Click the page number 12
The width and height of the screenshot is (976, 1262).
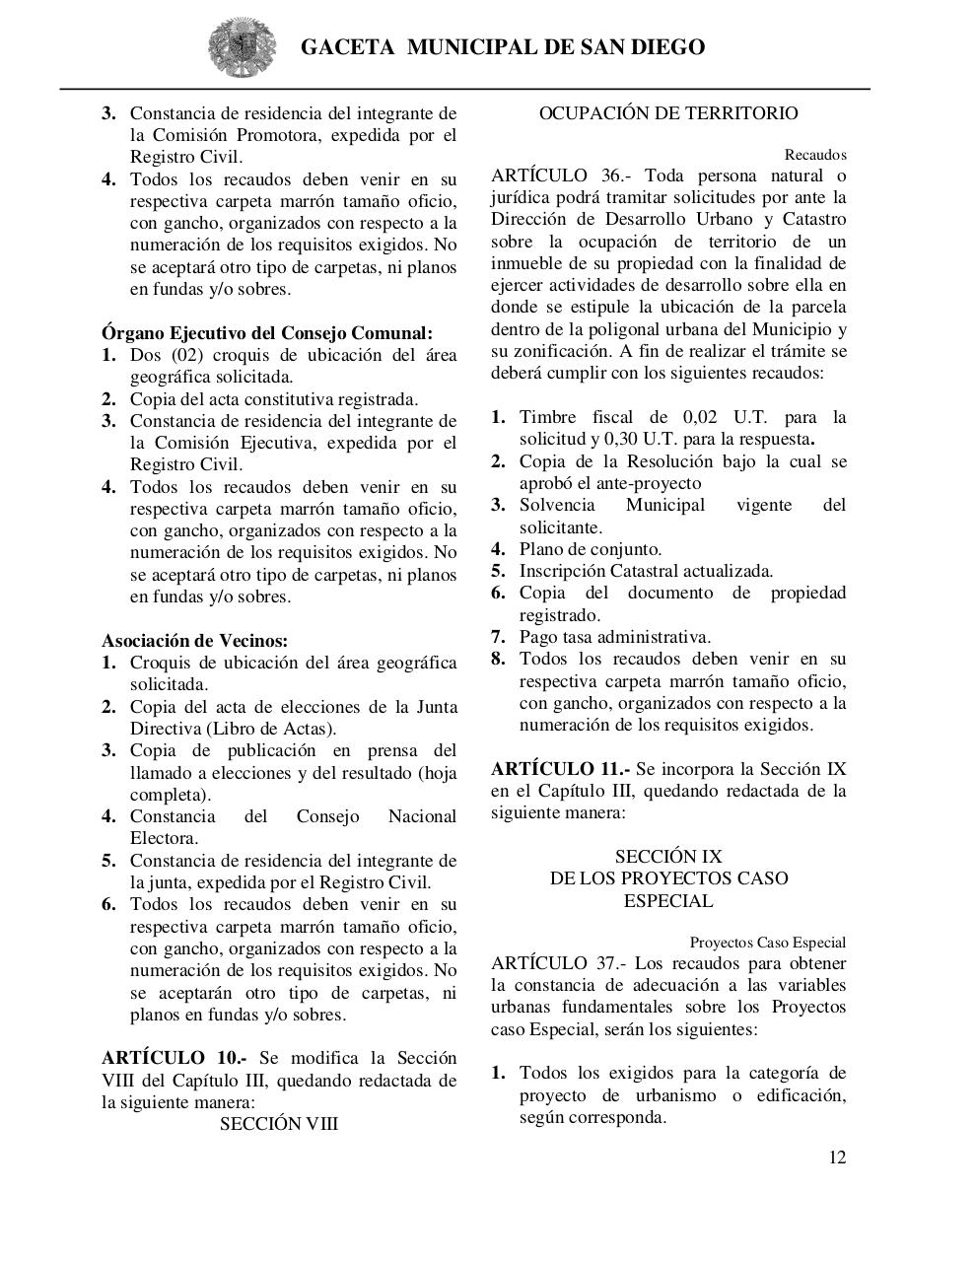click(x=836, y=1157)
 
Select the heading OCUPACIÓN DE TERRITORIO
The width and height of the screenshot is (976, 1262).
click(x=668, y=113)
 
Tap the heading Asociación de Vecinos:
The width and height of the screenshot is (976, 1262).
click(x=194, y=641)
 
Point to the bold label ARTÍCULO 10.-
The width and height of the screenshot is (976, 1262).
click(x=174, y=1058)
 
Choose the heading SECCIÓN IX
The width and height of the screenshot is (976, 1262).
click(x=668, y=857)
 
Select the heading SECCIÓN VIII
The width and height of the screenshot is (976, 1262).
click(x=279, y=1124)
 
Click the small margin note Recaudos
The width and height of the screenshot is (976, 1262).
click(x=815, y=155)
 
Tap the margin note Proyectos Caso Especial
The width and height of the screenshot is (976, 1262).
click(x=767, y=943)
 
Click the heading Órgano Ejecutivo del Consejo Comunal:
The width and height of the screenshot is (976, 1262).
click(x=266, y=333)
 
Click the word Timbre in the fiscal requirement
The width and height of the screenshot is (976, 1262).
click(x=547, y=417)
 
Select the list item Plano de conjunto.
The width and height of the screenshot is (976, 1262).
click(x=591, y=549)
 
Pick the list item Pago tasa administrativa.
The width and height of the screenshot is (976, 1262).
click(x=615, y=637)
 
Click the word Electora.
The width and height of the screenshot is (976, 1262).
click(x=164, y=838)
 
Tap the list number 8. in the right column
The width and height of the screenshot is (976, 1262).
click(x=499, y=659)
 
